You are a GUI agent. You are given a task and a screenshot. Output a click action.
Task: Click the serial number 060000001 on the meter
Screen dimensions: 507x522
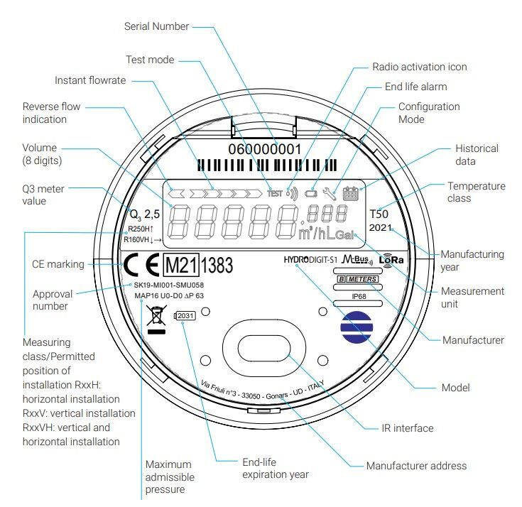(x=264, y=150)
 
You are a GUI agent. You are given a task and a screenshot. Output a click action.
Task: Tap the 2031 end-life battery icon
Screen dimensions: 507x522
(x=184, y=315)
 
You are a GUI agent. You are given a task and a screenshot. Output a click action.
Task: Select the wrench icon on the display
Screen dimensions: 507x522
(x=329, y=192)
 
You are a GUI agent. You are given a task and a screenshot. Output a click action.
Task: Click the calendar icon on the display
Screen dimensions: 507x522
(x=351, y=192)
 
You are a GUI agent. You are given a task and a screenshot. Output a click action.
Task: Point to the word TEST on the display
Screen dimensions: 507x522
(x=274, y=193)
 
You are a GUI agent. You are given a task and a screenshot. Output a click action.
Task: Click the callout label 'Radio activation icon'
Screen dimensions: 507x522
(x=420, y=67)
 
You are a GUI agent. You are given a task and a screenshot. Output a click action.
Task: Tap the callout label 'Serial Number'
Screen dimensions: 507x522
(x=156, y=26)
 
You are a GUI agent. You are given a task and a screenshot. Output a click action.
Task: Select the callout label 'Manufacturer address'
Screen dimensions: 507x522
(x=416, y=466)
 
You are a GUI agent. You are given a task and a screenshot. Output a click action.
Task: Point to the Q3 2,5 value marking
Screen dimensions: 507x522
(x=144, y=214)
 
